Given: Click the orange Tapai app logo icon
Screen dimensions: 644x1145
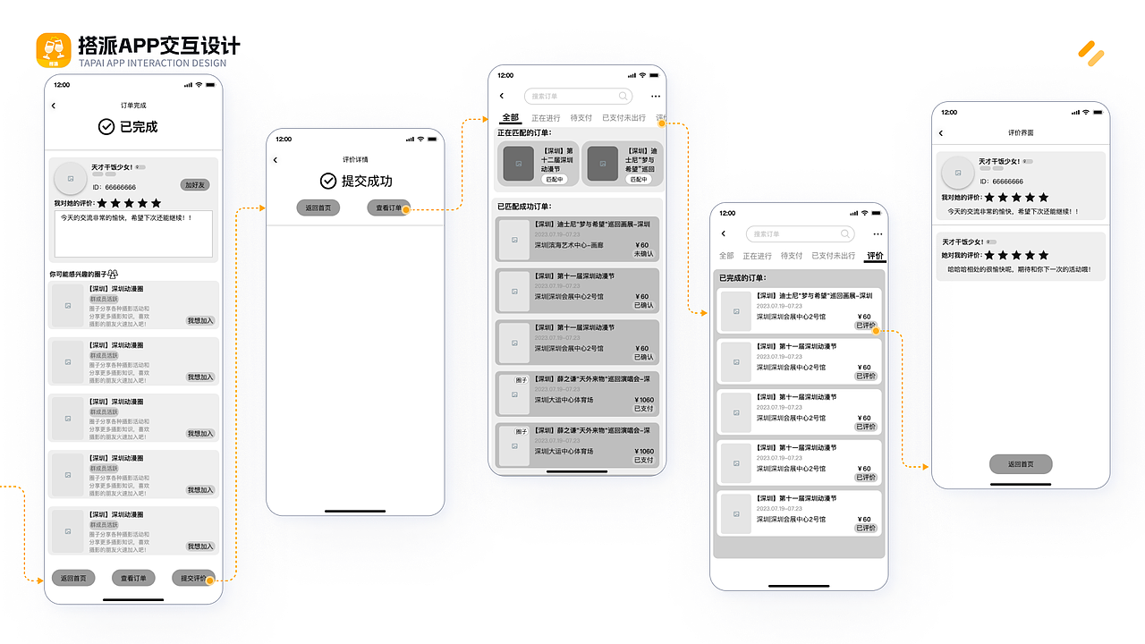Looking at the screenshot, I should pos(54,50).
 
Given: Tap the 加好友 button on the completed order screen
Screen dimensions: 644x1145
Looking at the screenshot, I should pos(194,185).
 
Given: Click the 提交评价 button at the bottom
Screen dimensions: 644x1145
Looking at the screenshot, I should pos(194,578).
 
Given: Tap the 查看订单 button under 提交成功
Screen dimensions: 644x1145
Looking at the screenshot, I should pos(388,208).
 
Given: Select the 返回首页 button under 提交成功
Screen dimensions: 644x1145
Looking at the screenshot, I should pos(318,208).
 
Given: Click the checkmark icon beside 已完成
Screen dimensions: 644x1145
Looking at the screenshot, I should pos(106,127).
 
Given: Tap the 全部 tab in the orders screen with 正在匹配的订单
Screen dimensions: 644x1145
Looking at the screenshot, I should pos(510,118).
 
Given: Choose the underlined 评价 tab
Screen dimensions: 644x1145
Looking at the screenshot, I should pos(875,256).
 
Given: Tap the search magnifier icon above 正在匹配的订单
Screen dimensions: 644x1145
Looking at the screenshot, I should pos(623,96).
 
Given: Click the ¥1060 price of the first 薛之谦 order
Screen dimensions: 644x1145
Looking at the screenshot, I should pos(643,400).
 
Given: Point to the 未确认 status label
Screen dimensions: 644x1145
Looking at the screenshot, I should pos(643,254).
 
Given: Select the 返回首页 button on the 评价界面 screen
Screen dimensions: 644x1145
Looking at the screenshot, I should pos(1021,464).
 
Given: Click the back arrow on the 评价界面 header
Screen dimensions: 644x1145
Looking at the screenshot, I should pos(941,133).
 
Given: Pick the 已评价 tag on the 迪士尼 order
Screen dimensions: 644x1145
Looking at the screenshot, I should pos(866,326).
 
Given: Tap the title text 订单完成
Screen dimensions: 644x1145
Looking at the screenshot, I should pos(133,106).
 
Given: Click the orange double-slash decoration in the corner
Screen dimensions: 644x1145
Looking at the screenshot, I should pos(1090,54).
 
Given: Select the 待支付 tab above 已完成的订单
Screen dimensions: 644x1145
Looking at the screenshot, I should pos(792,256).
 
